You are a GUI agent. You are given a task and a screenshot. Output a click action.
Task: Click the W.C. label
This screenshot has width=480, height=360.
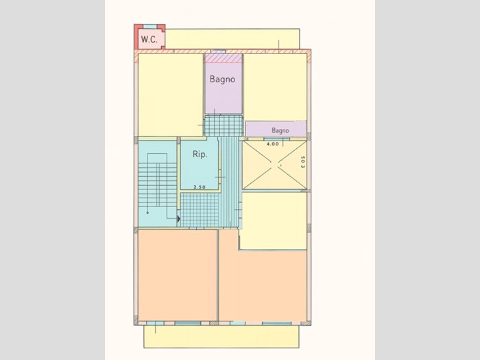pyautogui.click(x=149, y=40)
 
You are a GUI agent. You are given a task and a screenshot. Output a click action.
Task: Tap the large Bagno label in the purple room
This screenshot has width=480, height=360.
pyautogui.click(x=223, y=80)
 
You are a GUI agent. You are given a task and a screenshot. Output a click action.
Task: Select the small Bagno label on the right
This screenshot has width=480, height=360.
pyautogui.click(x=280, y=131)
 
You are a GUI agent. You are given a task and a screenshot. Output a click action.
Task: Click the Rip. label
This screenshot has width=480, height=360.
pyautogui.click(x=200, y=154)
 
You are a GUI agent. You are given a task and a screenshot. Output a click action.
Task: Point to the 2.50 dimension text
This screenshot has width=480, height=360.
pyautogui.click(x=200, y=187)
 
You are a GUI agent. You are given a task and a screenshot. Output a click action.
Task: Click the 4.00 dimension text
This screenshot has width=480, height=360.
pyautogui.click(x=273, y=144)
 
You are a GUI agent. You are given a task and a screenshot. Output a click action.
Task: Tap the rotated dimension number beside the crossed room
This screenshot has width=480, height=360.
pyautogui.click(x=302, y=163)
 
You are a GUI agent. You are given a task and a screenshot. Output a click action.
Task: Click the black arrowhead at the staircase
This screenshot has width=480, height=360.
pyautogui.click(x=178, y=219)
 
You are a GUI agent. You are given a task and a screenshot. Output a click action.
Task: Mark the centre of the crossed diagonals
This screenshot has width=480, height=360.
pyautogui.click(x=274, y=165)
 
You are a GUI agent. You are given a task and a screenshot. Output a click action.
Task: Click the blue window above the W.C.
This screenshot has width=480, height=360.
pyautogui.click(x=149, y=27)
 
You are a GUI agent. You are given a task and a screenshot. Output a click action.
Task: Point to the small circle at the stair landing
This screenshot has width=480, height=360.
pyautogui.click(x=148, y=212)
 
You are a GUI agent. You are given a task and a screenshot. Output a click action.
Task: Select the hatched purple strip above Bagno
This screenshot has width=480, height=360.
pyautogui.click(x=224, y=58)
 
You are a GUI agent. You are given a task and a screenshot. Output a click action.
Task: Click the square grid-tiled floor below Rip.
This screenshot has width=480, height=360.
pyautogui.click(x=200, y=210)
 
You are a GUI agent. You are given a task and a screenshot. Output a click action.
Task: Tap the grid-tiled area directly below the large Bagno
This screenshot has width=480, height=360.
pyautogui.click(x=224, y=125)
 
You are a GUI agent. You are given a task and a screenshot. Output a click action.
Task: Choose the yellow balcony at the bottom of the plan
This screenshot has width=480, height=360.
pyautogui.click(x=221, y=337)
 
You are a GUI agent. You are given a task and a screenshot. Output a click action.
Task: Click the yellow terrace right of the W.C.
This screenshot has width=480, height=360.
pyautogui.click(x=232, y=39)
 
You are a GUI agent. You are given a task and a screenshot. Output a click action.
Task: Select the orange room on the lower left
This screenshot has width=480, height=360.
pyautogui.click(x=178, y=275)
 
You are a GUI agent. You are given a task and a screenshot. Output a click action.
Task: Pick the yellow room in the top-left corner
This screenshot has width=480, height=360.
pyautogui.click(x=171, y=95)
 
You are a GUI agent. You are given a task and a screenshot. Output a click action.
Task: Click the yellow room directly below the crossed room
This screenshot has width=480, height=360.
pyautogui.click(x=274, y=221)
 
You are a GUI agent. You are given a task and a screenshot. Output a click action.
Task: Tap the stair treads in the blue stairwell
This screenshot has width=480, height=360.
pyautogui.click(x=158, y=184)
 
